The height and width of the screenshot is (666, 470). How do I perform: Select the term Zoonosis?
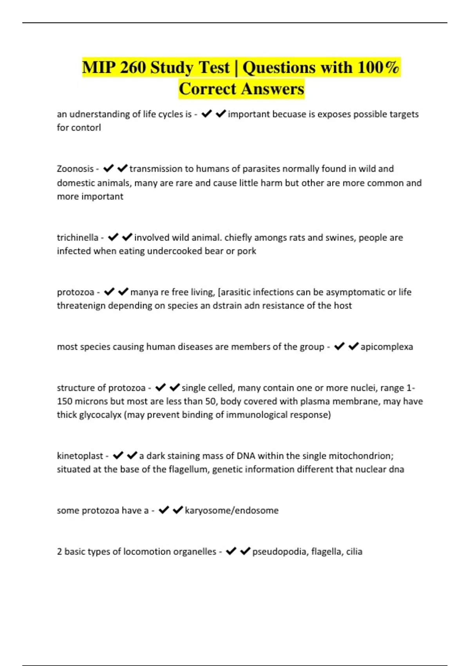tap(75, 169)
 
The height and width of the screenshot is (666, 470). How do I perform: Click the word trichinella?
tap(78, 237)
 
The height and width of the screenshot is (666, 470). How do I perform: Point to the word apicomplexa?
tap(387, 347)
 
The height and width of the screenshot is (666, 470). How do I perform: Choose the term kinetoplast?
tap(80, 456)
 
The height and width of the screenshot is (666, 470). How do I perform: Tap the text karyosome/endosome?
tap(231, 510)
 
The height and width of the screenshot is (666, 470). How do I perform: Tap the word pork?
tap(246, 251)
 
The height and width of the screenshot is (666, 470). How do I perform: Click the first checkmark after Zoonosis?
tap(108, 168)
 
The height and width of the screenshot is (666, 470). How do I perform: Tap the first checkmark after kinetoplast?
tap(118, 456)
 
